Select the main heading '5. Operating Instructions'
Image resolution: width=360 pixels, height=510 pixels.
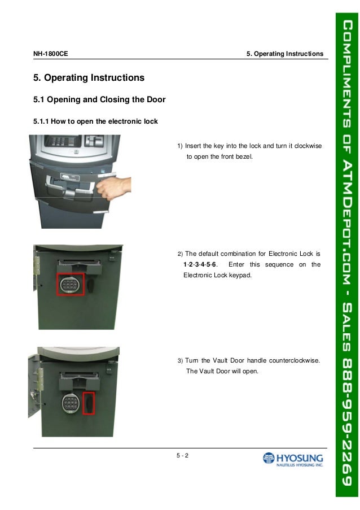89,77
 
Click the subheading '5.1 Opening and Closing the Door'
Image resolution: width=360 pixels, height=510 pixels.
99,100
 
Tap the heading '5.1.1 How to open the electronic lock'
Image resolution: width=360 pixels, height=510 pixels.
95,121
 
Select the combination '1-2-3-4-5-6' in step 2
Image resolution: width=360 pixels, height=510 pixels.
201,264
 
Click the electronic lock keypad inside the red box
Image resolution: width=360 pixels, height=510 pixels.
70,283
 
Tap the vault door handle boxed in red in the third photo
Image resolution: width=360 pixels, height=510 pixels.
89,403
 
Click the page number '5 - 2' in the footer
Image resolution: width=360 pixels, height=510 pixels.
182,456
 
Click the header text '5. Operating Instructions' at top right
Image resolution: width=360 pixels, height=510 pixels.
285,54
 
